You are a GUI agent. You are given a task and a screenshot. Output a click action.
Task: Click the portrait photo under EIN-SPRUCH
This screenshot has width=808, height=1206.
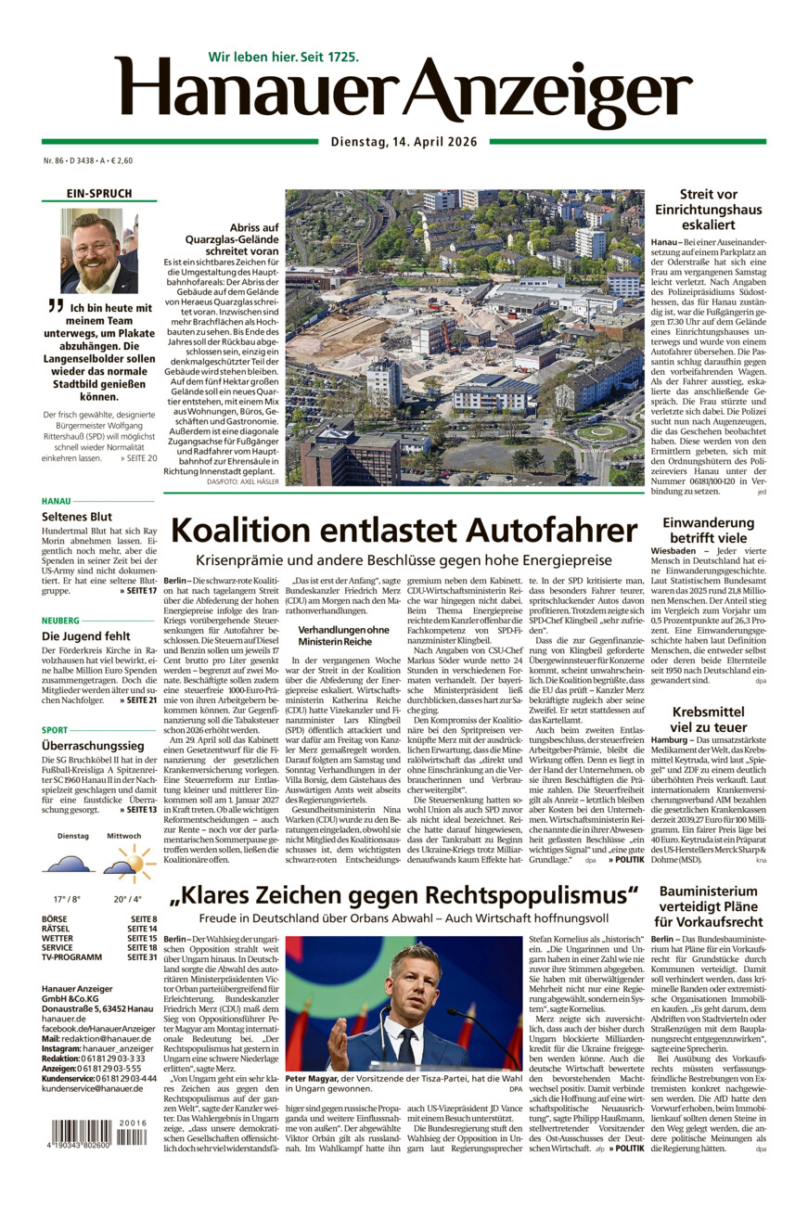[92, 250]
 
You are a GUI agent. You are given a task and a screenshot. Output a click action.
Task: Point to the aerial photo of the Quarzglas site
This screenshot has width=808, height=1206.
[464, 338]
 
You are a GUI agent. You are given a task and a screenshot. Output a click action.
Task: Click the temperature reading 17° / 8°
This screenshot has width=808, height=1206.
[68, 899]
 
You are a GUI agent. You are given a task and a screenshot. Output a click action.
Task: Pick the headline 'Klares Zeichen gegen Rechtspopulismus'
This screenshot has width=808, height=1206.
[404, 895]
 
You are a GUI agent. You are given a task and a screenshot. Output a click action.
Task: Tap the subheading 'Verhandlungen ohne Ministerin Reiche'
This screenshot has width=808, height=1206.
[342, 635]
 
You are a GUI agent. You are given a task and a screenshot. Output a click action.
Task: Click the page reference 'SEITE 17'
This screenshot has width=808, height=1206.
[139, 590]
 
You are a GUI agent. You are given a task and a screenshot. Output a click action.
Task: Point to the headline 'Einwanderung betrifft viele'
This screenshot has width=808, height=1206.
[708, 531]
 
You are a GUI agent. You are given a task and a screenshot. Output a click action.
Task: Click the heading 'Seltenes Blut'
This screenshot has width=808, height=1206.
[76, 516]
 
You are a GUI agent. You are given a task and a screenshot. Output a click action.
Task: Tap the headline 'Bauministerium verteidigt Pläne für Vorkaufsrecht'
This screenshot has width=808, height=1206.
[708, 906]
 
